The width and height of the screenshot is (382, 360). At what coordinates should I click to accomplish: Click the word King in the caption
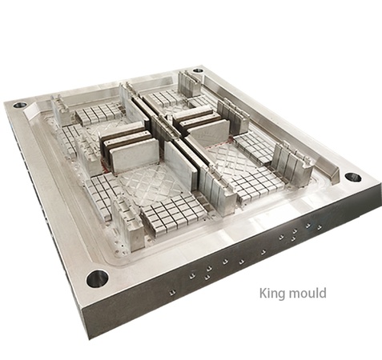click(271, 294)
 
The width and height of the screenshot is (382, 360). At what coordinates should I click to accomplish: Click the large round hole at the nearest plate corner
click(97, 278)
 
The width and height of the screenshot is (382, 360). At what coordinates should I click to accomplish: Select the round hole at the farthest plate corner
click(198, 70)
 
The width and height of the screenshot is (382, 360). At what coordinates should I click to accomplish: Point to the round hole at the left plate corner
click(19, 104)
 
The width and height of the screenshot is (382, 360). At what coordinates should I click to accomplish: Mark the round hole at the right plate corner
click(352, 177)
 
